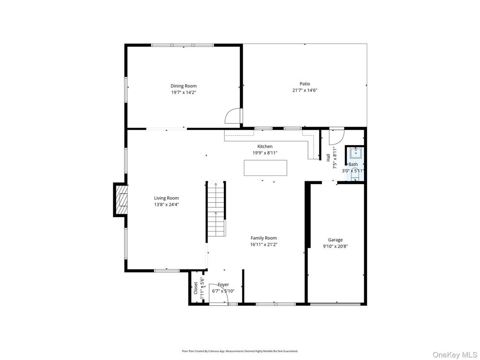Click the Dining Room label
coord(183,86)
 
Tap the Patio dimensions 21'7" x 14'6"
coord(304,90)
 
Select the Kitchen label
coord(265,146)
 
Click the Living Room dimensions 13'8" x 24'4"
coord(167,204)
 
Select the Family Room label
coord(263,238)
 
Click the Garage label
coord(335,240)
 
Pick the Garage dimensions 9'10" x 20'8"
coord(335,246)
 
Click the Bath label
coord(353,164)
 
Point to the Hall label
coord(328,158)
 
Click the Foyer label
coord(223,285)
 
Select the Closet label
coord(196,288)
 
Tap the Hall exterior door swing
coord(336,137)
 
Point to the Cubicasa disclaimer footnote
coord(240,351)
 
